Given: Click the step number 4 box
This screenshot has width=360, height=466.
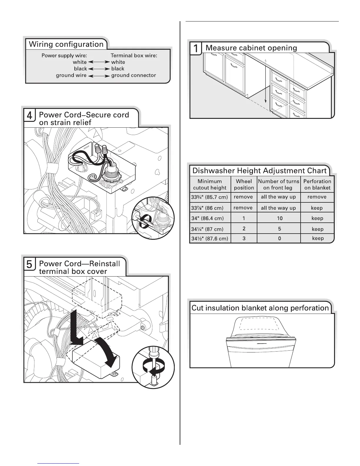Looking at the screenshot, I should click(x=30, y=115).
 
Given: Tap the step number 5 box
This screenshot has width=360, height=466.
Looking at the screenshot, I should click(x=30, y=264).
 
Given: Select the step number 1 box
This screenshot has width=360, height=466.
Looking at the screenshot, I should click(x=196, y=48).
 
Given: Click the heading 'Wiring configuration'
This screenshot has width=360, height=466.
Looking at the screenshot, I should click(x=66, y=44).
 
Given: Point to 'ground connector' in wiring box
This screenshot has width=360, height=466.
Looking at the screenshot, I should click(x=134, y=75).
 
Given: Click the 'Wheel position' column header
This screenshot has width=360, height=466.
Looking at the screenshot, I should click(x=244, y=184).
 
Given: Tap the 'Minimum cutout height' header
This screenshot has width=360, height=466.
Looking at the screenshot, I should click(x=210, y=184).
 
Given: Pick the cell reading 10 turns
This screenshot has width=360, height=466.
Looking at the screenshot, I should click(x=279, y=218).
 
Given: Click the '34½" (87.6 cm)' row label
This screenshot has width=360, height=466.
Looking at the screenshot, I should click(x=210, y=239).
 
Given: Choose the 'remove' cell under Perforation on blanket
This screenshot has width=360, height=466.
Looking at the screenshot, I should click(x=317, y=197).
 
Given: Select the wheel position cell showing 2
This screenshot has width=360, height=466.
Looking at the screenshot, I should click(x=244, y=229).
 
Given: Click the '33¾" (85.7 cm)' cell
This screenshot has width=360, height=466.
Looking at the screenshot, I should click(x=210, y=197).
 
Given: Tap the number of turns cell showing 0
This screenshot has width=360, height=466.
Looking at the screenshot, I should click(x=279, y=239).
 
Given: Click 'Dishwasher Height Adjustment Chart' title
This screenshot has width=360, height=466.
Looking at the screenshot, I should click(x=259, y=171).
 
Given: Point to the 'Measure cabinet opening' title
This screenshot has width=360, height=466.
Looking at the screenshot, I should click(x=251, y=48).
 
